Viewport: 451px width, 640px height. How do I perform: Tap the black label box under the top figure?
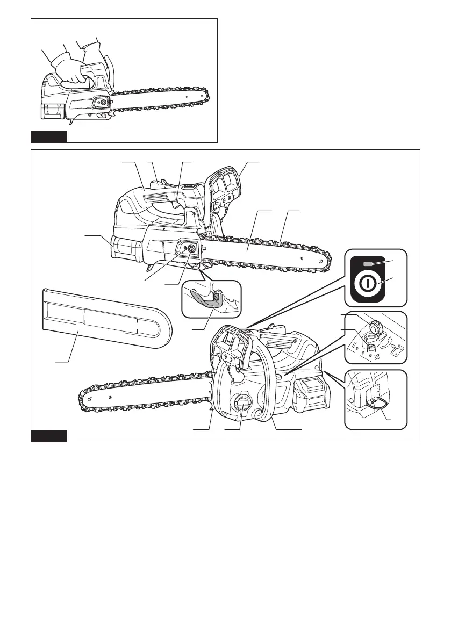coord(49,136)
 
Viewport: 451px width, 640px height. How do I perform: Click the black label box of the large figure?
coord(49,435)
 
